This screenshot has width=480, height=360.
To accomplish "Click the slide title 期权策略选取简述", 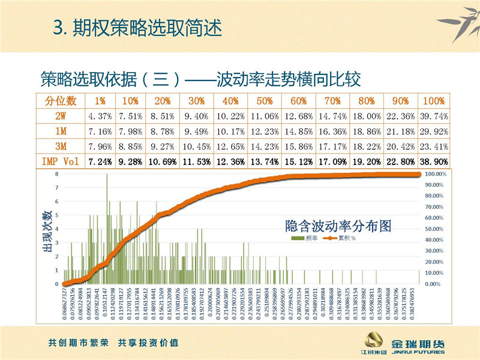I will [138, 28].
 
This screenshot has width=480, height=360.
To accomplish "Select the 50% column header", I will [264, 100].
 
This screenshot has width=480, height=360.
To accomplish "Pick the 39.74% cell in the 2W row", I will [434, 115].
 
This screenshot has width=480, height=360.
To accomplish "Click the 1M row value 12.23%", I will [264, 131].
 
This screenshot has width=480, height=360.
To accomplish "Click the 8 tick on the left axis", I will [57, 174].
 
